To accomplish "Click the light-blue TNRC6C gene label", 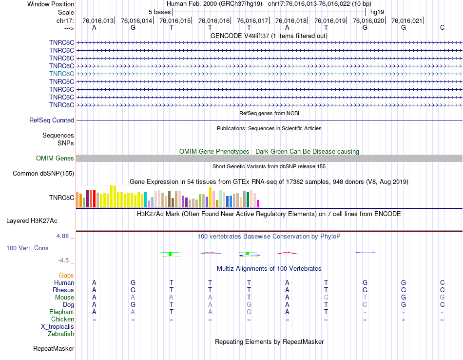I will coord(61,74).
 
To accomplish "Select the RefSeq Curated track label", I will coord(52,120).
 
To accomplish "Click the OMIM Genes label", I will coord(55,158).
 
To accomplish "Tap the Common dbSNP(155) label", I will coord(43,173).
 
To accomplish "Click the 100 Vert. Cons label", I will coord(27,248).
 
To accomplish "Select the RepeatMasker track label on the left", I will coord(54,348).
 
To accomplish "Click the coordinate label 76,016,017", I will coord(252,21).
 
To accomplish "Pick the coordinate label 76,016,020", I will coord(368,21).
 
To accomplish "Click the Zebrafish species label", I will coord(61,334).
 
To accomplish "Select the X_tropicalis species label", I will coord(58,327).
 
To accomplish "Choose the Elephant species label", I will coord(61,312).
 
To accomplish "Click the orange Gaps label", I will coord(66,276).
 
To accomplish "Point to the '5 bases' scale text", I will coord(159,11).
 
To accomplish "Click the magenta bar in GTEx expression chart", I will coord(258,203).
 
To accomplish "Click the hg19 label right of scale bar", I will coord(376,11).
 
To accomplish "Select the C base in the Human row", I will coord(442,283).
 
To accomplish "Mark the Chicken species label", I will coord(62,320).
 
